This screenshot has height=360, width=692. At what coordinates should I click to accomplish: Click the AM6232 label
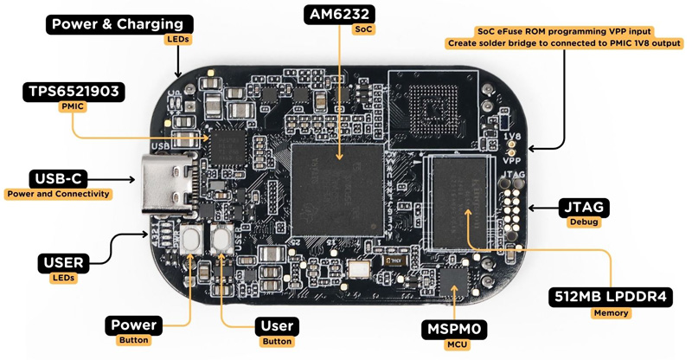click(340, 14)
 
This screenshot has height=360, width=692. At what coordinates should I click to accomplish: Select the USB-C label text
click(58, 178)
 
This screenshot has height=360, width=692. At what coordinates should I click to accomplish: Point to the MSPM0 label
click(454, 330)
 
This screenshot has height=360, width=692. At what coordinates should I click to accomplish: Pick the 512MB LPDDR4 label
click(611, 298)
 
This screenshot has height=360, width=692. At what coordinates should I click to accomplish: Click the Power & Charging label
click(118, 25)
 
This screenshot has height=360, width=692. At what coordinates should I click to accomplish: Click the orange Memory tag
click(611, 313)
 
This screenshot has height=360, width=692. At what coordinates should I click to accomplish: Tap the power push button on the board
click(195, 237)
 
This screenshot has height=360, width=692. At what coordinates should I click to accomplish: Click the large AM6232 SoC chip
click(338, 190)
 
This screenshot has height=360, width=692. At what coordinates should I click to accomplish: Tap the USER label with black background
click(63, 262)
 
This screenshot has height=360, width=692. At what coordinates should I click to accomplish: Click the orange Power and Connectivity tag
click(58, 194)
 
